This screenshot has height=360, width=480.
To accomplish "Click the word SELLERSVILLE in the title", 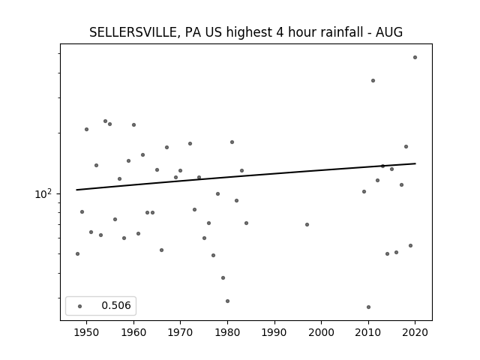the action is (x=133, y=32).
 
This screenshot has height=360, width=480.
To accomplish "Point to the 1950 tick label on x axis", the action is (x=87, y=332).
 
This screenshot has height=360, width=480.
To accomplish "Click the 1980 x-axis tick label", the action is (x=227, y=332).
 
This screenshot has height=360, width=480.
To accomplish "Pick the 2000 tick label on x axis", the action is (x=322, y=332).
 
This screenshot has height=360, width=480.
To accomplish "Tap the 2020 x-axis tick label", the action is (x=415, y=332).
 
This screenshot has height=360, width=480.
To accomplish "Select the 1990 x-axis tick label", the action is (x=274, y=332).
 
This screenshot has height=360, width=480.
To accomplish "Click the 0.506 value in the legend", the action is (x=116, y=305).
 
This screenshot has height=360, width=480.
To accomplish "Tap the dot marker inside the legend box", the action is (x=80, y=306).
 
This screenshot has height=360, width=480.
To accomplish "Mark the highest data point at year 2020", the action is (x=415, y=57).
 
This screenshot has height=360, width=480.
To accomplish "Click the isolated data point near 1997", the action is (x=307, y=224).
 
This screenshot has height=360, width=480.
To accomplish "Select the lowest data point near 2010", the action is (x=368, y=307).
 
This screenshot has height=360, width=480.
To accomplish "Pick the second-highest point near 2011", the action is (x=373, y=80).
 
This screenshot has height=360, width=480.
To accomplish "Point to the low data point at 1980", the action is (x=227, y=301).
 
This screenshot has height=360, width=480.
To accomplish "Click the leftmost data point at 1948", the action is (x=77, y=253).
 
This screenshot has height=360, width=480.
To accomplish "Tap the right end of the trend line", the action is (x=415, y=163).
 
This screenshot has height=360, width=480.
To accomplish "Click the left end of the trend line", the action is (x=76, y=190).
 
